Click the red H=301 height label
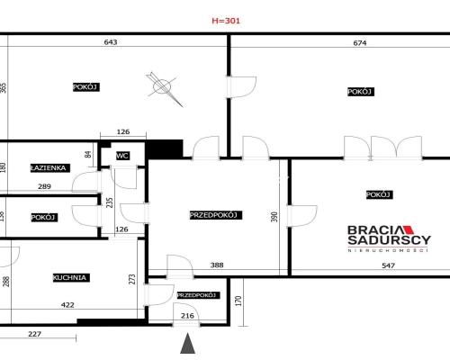225,19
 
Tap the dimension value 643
112,42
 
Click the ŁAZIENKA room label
48,167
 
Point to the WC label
122,156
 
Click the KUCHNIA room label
69,278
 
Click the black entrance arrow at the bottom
187,344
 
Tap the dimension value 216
187,316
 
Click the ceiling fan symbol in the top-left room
161,86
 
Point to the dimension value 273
132,278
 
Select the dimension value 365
4,88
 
